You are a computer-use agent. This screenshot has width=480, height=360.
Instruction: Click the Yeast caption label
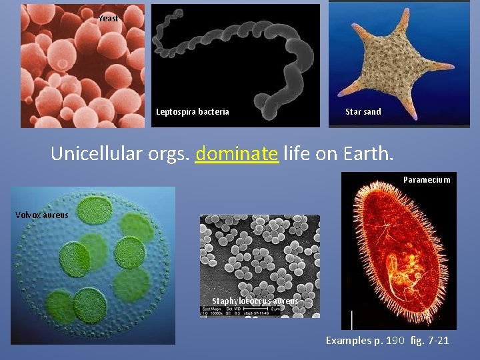[x=109, y=19]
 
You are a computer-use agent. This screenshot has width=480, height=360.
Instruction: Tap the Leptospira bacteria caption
[x=193, y=112]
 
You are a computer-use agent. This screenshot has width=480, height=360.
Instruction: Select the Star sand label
[x=363, y=112]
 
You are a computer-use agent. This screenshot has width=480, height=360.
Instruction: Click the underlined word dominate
[x=237, y=154]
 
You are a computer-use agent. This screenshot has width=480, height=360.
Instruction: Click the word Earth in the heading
[x=366, y=154]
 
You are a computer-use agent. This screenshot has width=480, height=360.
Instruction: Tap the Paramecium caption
[x=427, y=179]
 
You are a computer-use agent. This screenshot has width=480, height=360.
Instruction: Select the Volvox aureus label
[x=43, y=215]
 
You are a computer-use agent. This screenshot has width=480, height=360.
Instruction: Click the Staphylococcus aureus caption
[x=255, y=301]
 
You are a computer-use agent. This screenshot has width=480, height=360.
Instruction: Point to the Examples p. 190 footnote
[x=364, y=341]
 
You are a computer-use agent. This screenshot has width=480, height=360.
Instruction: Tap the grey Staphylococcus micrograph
[x=260, y=260]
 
